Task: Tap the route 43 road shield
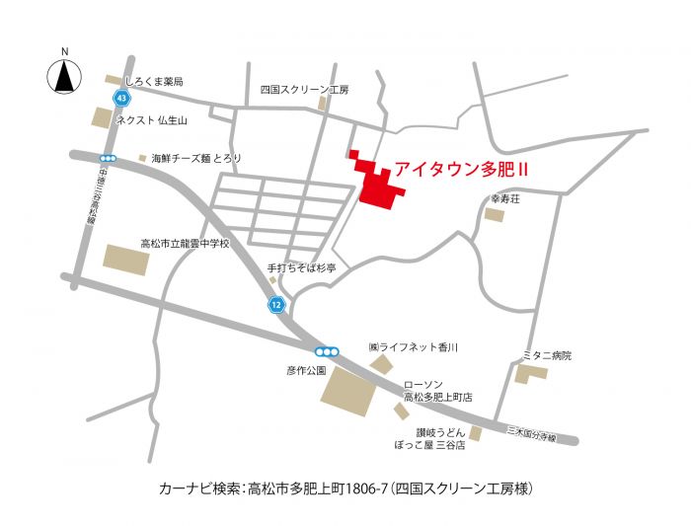coord(120,99)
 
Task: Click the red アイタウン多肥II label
coord(462,169)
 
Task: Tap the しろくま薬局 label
coord(153,81)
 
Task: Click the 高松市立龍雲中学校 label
coord(185,243)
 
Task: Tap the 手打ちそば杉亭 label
coord(301,267)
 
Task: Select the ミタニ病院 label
coord(548,355)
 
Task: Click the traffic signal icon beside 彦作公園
coord(327,352)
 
